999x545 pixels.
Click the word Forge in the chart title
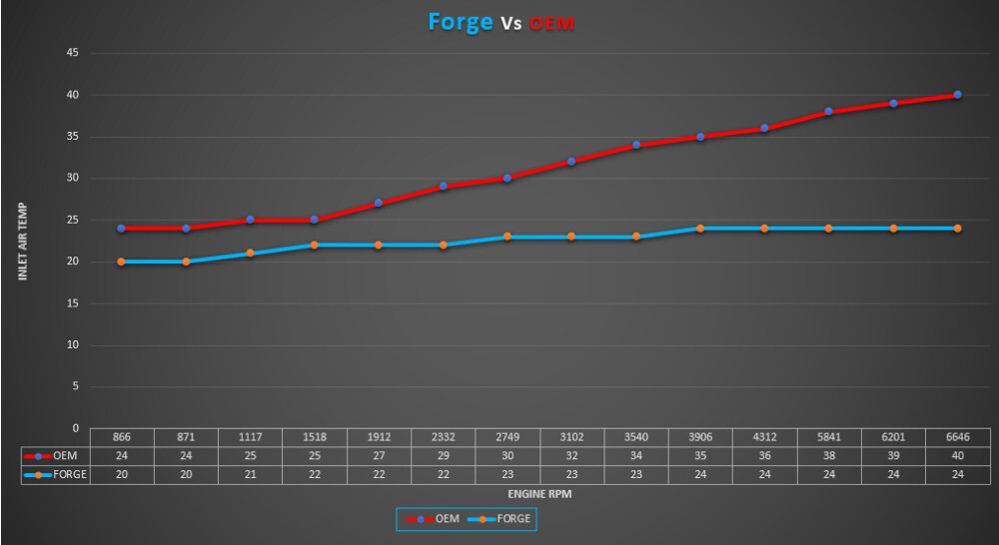(460, 22)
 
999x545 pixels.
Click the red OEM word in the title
(551, 24)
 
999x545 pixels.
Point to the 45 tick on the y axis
(73, 53)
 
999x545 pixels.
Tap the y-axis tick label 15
(73, 303)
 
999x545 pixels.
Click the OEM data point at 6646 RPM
(957, 95)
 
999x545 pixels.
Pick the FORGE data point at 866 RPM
(121, 262)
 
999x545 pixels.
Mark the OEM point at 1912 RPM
(379, 203)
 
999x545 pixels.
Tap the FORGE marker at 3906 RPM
(700, 229)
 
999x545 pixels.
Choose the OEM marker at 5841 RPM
(829, 112)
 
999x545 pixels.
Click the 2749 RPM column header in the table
(507, 438)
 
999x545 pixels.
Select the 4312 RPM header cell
(764, 438)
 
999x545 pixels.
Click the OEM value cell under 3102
(571, 456)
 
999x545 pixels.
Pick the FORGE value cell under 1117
(250, 475)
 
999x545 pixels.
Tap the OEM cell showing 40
(957, 456)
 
